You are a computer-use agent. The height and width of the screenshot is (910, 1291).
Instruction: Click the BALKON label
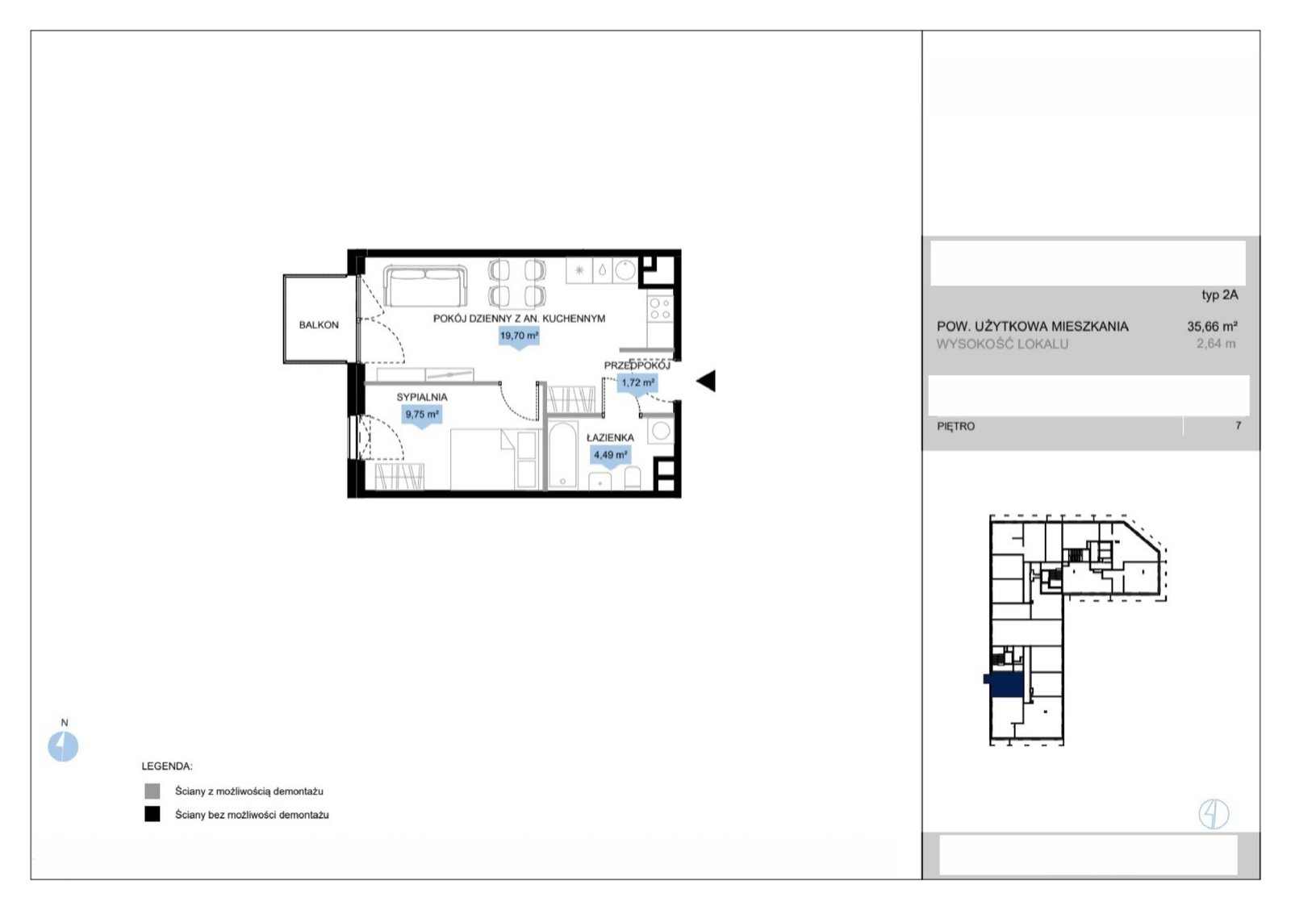(319, 325)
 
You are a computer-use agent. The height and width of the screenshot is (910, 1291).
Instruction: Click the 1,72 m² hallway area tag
(637, 384)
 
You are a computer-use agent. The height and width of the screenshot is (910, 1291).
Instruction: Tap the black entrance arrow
(706, 381)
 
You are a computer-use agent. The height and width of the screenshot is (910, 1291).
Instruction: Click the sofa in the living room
(425, 286)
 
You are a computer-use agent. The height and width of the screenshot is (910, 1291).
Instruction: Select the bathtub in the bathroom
(562, 455)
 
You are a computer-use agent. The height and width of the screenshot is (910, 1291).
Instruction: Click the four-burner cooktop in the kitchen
(660, 307)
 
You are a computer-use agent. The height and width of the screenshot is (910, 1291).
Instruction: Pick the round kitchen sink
(625, 269)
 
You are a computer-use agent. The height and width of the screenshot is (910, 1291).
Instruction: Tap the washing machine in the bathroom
(661, 431)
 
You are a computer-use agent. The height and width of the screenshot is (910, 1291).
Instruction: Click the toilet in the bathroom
(633, 478)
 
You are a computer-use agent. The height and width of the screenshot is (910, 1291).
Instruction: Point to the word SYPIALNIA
(422, 397)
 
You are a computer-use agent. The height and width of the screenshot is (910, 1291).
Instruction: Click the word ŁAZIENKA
(610, 438)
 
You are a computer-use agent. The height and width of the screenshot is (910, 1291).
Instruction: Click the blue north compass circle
(63, 747)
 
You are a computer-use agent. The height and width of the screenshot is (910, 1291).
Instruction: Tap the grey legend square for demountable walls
(152, 791)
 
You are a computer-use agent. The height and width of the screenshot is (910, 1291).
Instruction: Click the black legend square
(152, 814)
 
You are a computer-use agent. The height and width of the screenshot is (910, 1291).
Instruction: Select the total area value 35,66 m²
(1212, 326)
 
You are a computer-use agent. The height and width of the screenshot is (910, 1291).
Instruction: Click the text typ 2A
(1219, 295)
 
